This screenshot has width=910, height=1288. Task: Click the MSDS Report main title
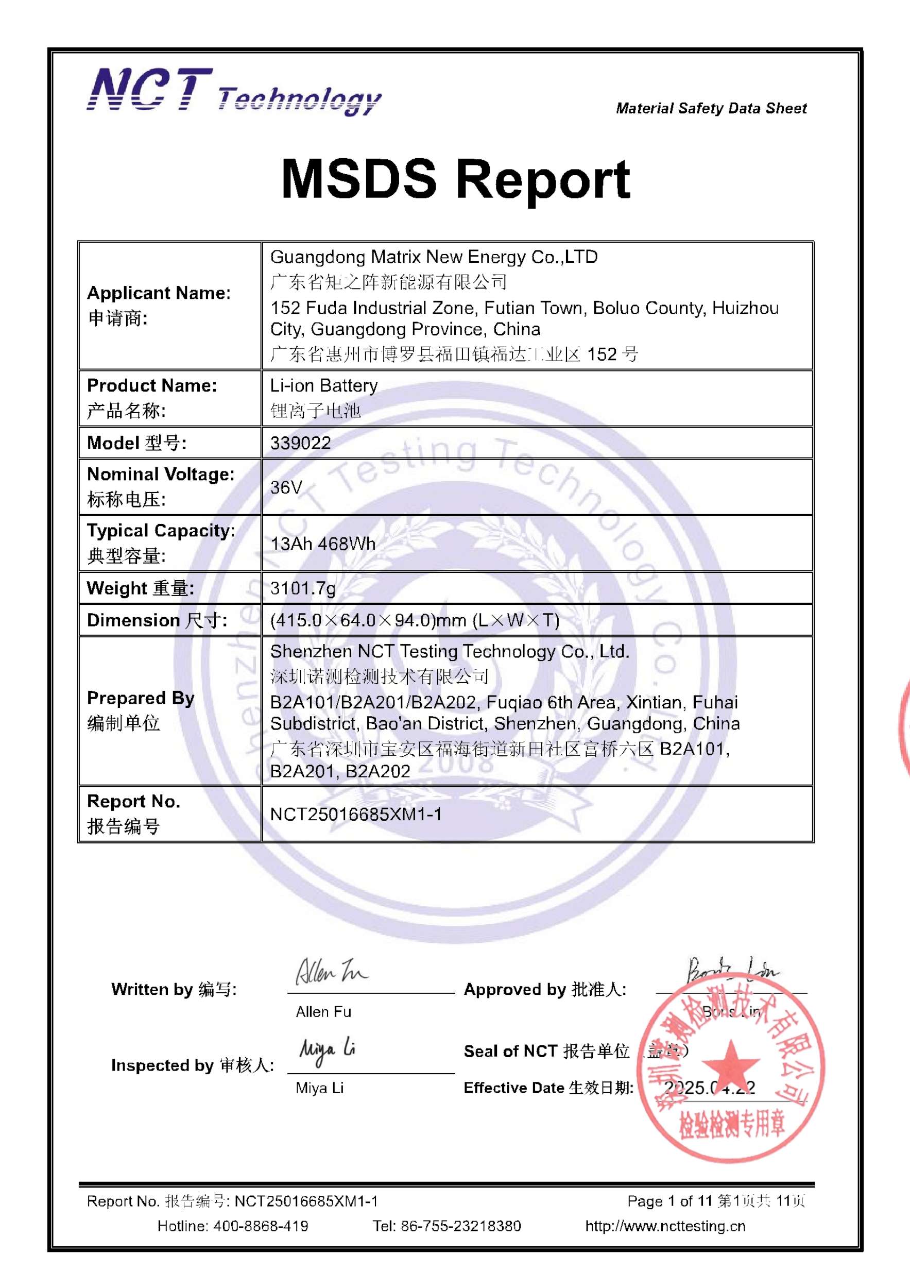(x=455, y=179)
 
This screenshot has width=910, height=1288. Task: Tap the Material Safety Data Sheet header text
(x=711, y=108)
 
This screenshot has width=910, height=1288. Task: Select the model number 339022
(x=301, y=443)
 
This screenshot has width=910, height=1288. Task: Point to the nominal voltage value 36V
(x=286, y=487)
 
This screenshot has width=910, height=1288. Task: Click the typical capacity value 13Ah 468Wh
(x=322, y=544)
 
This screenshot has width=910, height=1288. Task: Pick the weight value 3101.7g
(x=303, y=588)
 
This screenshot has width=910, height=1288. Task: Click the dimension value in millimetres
(x=415, y=620)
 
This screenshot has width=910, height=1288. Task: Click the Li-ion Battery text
(x=324, y=385)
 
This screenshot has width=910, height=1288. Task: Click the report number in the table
(x=356, y=814)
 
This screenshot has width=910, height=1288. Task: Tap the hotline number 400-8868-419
(x=261, y=1226)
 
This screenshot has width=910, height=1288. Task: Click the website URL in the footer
(x=665, y=1226)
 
